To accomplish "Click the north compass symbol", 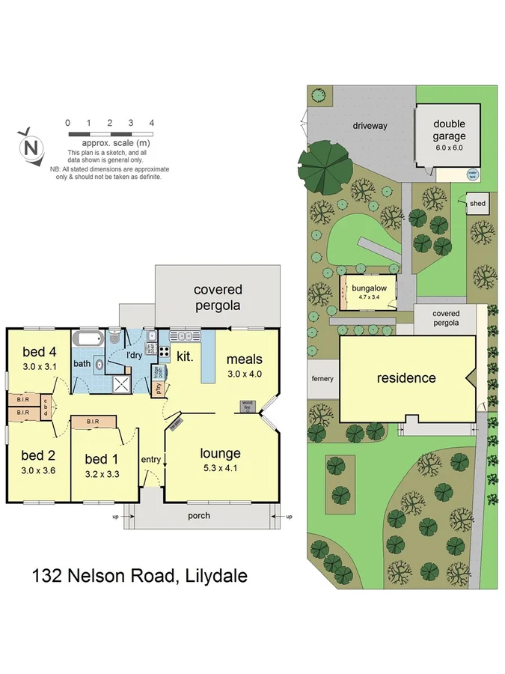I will pos(31,146).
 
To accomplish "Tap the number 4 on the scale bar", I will pos(152,123).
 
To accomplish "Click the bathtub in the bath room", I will pos(89,338).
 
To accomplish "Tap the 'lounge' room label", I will pos(220,453).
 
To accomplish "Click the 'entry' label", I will pos(150,460).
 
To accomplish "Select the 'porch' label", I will pos(199,515).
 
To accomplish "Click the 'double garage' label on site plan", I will pos(449,130).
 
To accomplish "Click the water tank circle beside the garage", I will pos(472,174).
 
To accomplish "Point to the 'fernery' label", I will pos(323,379).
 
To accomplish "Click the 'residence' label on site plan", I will pos(405,377).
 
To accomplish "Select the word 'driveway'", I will pos(370,126).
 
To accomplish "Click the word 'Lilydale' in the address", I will pos(213,577).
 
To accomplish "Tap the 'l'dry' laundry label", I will pos(134,354).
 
